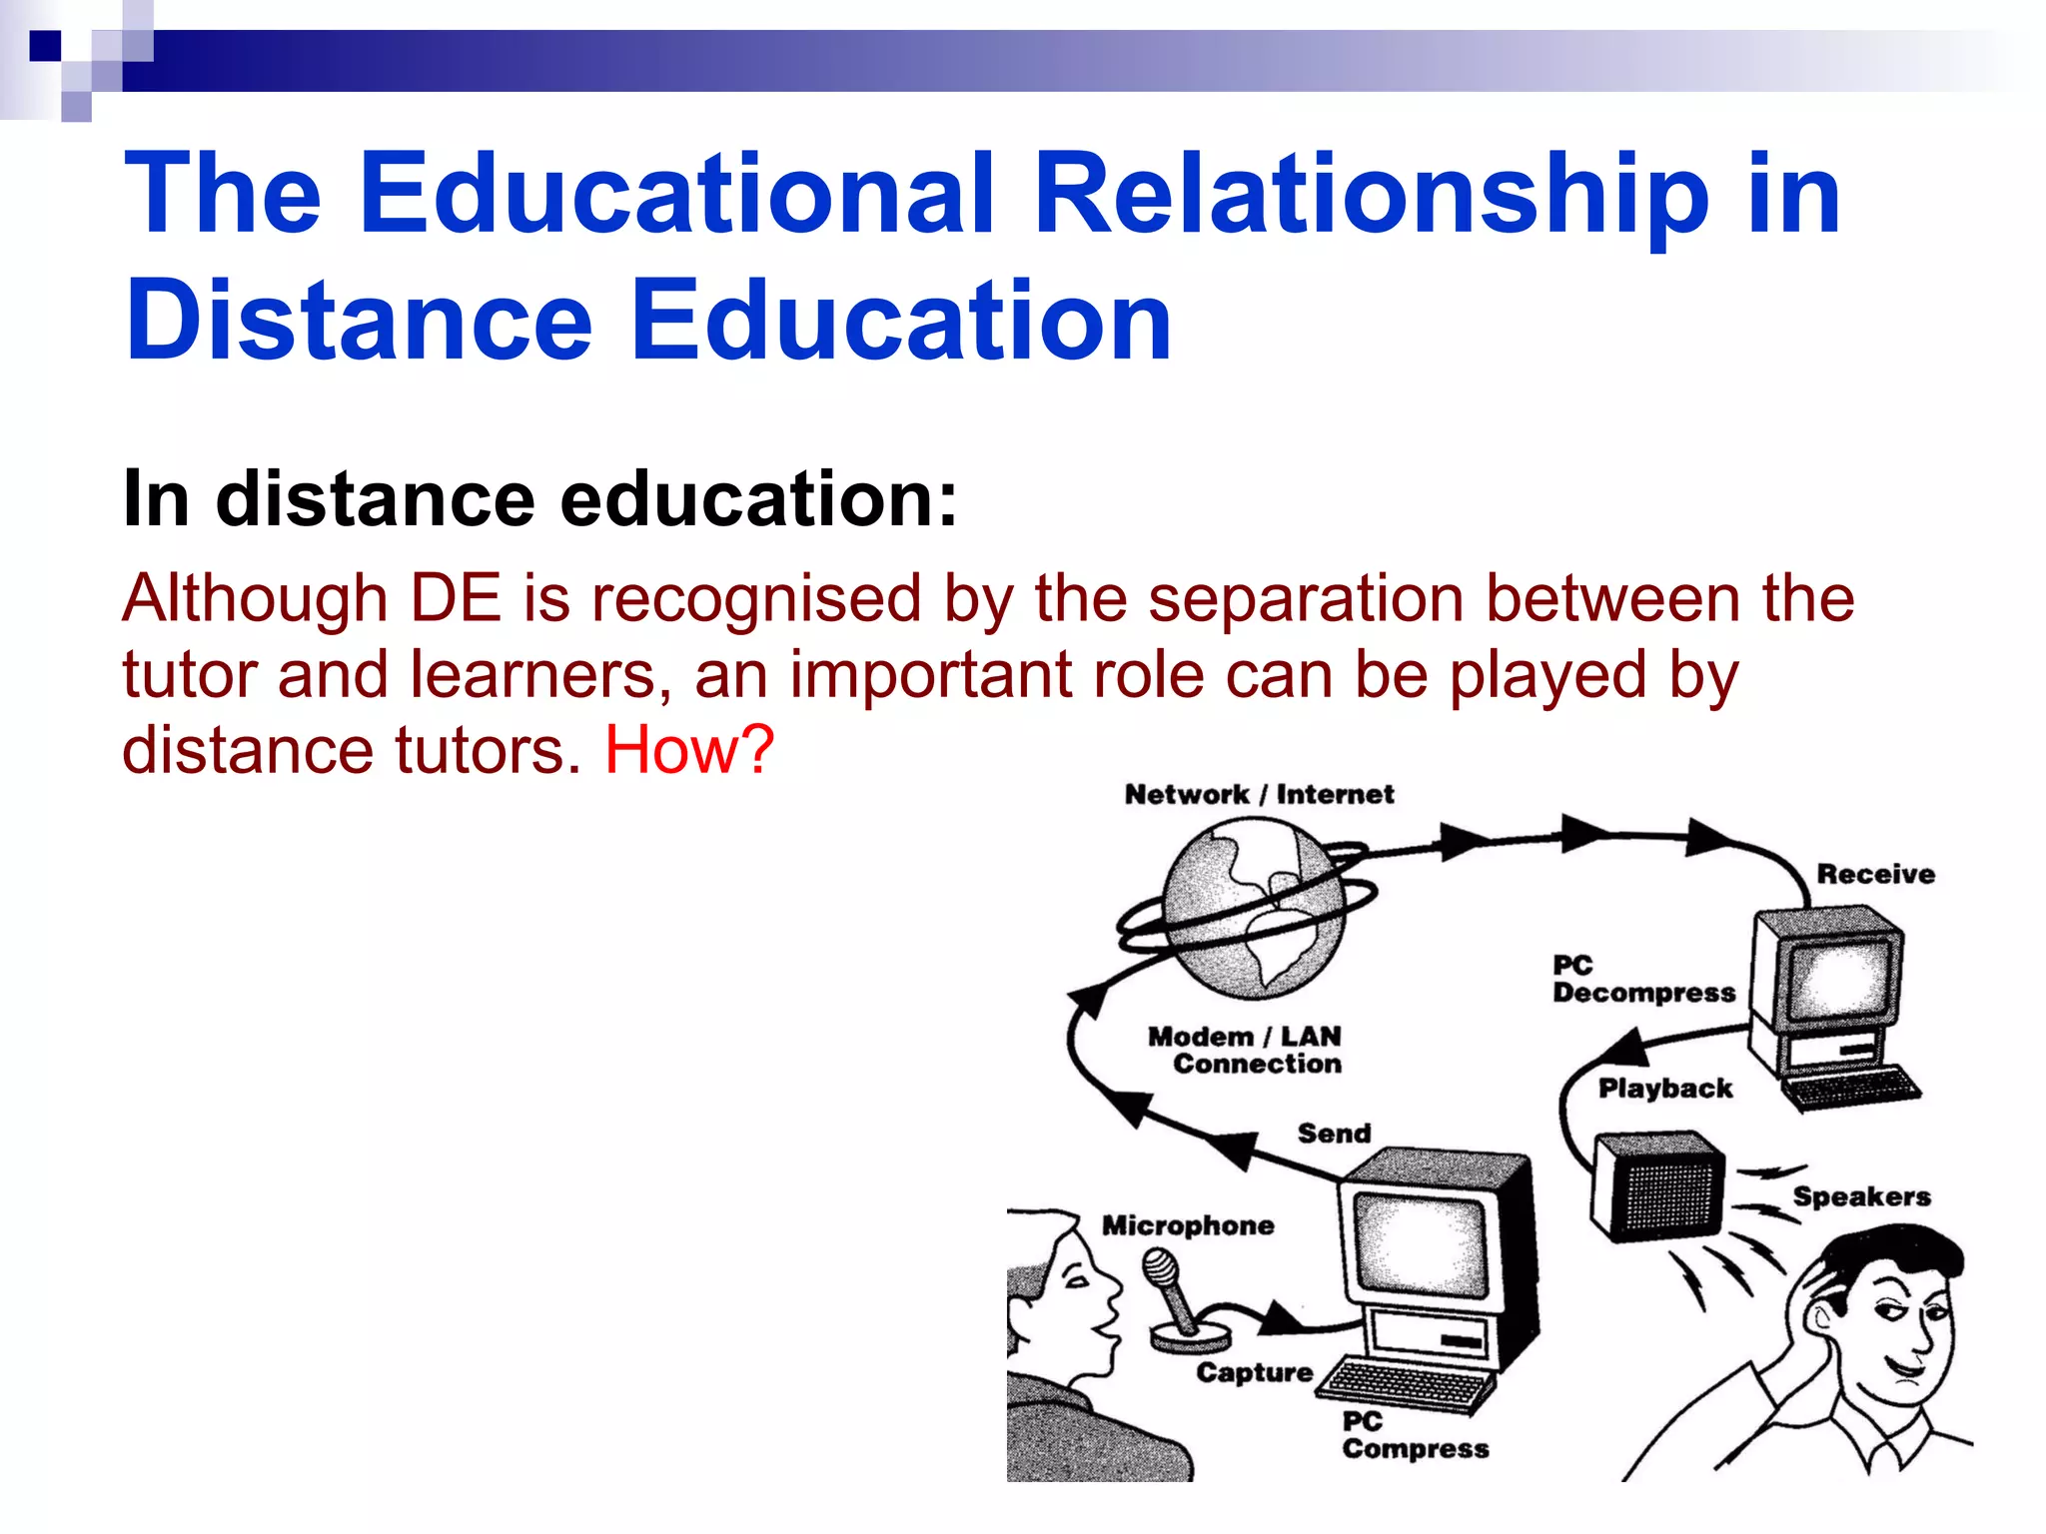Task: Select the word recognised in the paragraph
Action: pyautogui.click(x=755, y=599)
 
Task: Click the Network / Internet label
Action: pyautogui.click(x=1258, y=795)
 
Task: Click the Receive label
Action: pyautogui.click(x=1875, y=875)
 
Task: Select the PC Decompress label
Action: pyautogui.click(x=1643, y=980)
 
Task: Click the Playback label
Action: pyautogui.click(x=1664, y=1089)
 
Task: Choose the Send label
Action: pyautogui.click(x=1334, y=1134)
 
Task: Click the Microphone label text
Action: pyautogui.click(x=1188, y=1225)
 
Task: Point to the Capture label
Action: pyautogui.click(x=1254, y=1373)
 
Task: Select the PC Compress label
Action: pyautogui.click(x=1413, y=1436)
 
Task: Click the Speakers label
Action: pyautogui.click(x=1861, y=1196)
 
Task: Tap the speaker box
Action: pyautogui.click(x=1658, y=1185)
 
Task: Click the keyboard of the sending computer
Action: pyautogui.click(x=1409, y=1383)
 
